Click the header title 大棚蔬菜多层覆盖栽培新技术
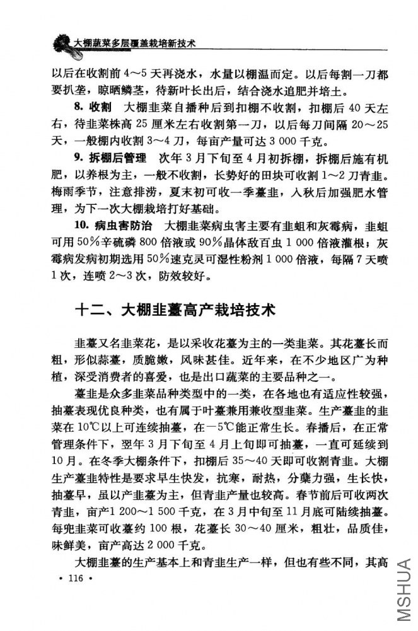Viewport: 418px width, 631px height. pyautogui.click(x=135, y=43)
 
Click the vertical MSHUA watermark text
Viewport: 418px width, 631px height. pyautogui.click(x=403, y=589)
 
